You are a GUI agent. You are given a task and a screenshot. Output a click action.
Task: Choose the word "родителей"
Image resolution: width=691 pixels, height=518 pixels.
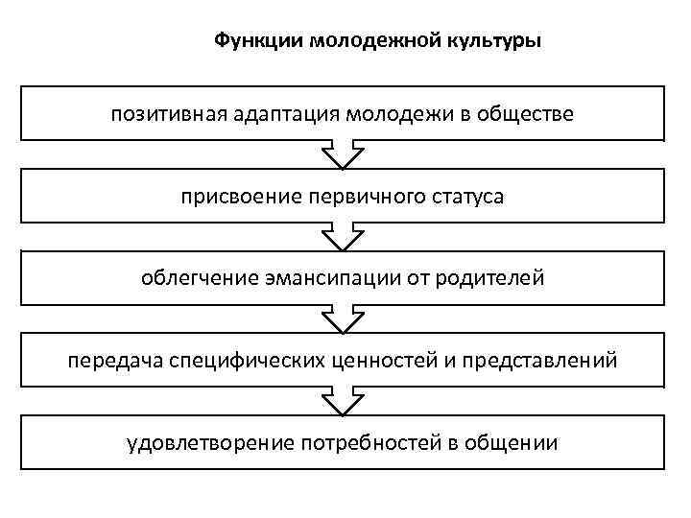pyautogui.click(x=489, y=279)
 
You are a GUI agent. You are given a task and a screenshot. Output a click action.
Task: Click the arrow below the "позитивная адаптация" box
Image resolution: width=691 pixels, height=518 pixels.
pyautogui.click(x=343, y=156)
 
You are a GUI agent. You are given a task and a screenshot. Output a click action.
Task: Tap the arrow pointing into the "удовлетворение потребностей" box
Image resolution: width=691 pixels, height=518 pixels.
pyautogui.click(x=343, y=402)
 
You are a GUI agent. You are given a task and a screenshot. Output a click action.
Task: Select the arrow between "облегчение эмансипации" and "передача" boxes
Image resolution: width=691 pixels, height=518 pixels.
pyautogui.click(x=343, y=319)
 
